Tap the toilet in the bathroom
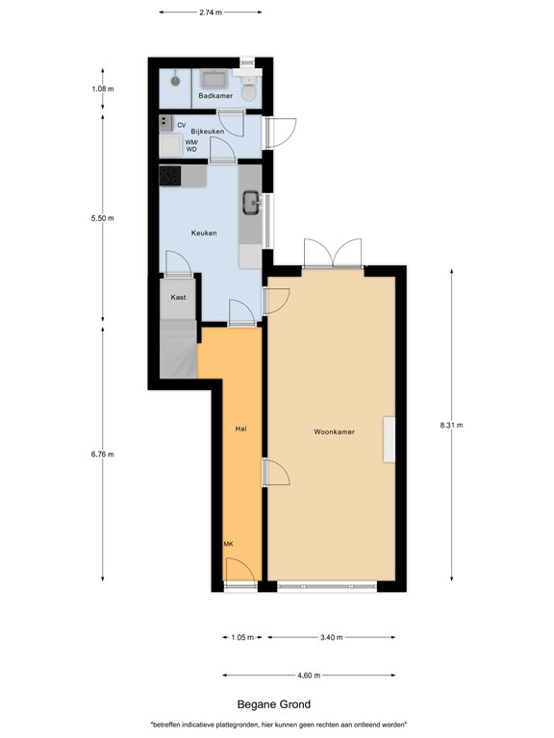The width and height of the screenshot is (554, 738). coord(249,91)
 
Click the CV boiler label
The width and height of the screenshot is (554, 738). coord(181,124)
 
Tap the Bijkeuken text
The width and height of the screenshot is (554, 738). coord(207,131)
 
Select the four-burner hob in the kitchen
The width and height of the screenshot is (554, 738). coord(170,176)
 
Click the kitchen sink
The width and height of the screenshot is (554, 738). coord(250,202)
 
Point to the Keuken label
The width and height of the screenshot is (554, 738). coord(204,233)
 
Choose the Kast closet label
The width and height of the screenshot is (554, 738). coord(178,298)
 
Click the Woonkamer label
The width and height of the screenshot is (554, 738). coord(334,432)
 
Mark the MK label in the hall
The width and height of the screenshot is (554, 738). coord(228,544)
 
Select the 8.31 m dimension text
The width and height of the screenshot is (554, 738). coord(451,425)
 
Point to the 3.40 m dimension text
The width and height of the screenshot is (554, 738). coord(331,636)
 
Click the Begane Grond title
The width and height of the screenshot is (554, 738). coord(274,704)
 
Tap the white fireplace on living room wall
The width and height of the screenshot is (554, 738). coord(389,439)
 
